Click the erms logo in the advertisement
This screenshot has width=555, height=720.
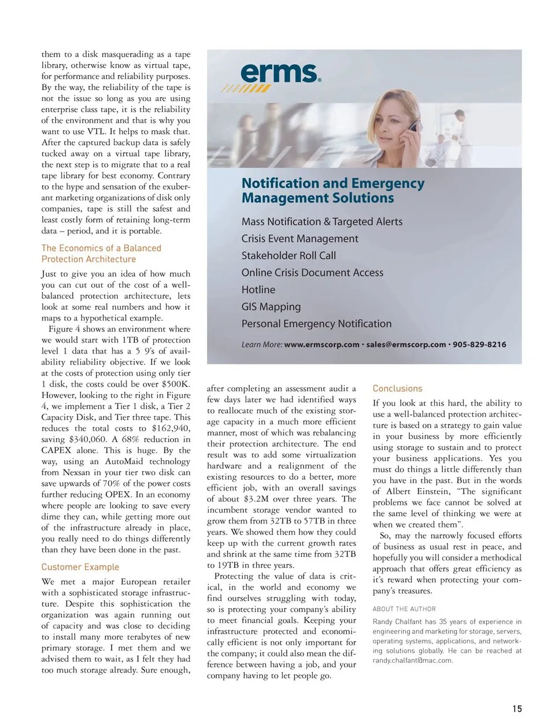280,74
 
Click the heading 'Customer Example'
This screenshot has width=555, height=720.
80,567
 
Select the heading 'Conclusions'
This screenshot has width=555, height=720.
397,388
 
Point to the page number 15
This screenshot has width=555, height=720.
517,708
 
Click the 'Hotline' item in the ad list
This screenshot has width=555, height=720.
258,290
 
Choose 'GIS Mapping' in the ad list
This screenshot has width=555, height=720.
271,307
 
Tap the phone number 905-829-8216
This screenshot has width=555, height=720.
479,344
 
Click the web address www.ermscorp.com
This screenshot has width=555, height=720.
321,344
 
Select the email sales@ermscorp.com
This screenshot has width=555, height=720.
406,344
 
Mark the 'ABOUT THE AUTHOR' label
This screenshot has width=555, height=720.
404,609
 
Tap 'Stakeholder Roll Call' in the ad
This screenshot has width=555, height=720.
288,255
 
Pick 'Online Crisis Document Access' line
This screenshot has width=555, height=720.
312,273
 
